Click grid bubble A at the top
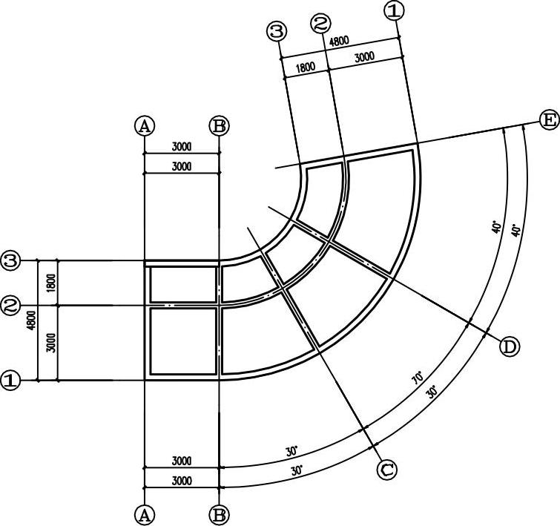[x=145, y=125]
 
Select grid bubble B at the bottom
[x=220, y=514]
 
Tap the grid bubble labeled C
[x=386, y=470]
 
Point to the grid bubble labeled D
[x=509, y=346]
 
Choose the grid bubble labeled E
[x=549, y=119]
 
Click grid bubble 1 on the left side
[x=10, y=381]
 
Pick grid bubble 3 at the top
[x=277, y=31]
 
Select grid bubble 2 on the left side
[x=10, y=305]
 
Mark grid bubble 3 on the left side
[x=10, y=260]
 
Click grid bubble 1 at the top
[x=395, y=10]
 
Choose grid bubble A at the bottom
[x=145, y=514]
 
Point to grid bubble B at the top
[x=220, y=125]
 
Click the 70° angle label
[x=418, y=378]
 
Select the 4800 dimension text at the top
[x=339, y=42]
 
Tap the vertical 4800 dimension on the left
[x=31, y=320]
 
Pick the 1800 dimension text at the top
[x=305, y=67]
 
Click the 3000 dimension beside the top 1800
[x=364, y=57]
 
